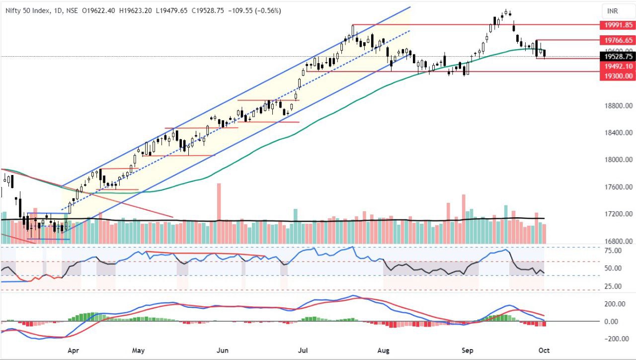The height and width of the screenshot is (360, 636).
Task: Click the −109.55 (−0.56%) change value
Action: coord(253,10)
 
